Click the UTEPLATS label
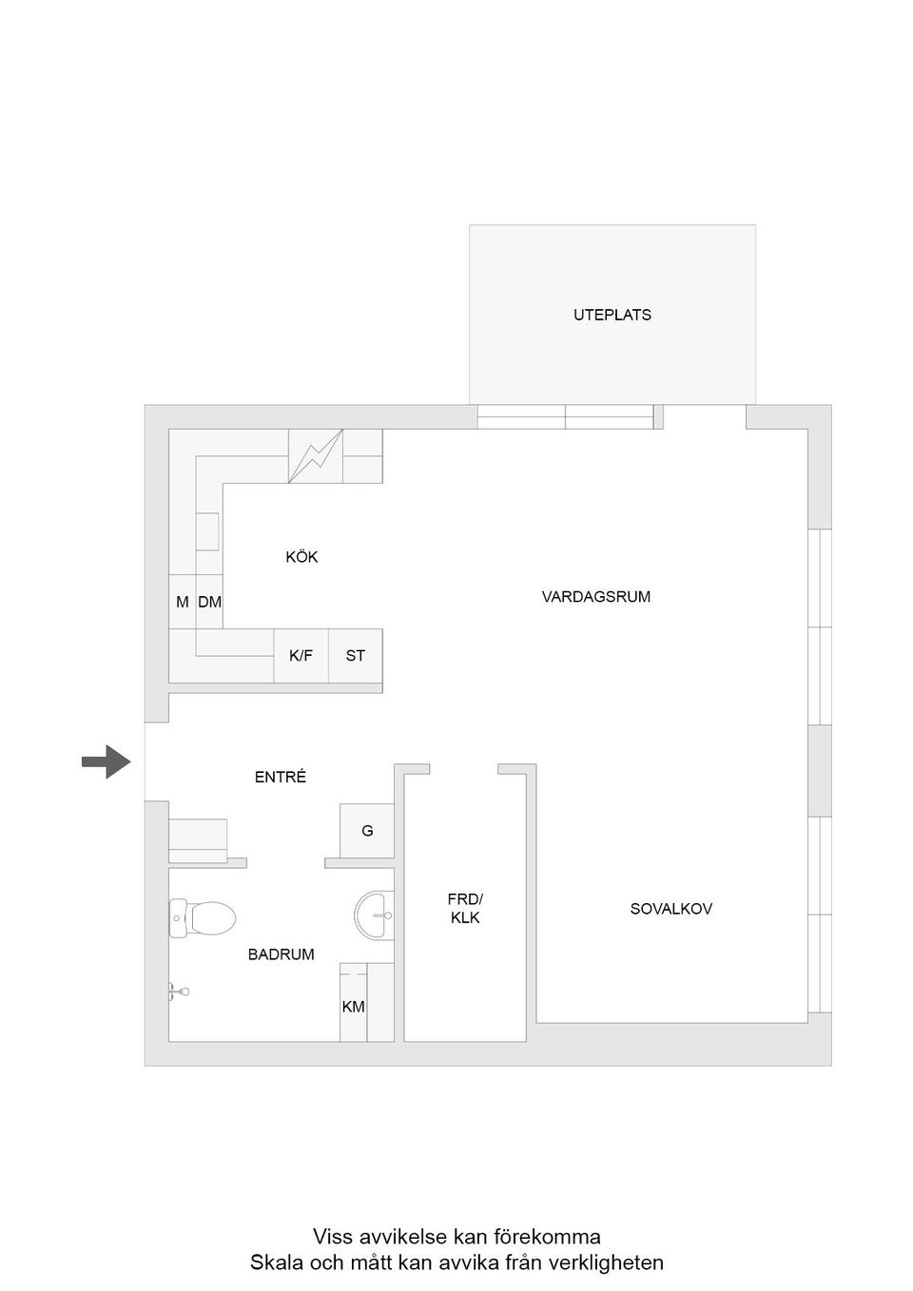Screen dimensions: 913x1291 (x=612, y=315)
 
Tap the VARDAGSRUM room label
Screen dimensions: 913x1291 (x=596, y=596)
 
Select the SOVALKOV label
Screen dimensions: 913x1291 (x=670, y=909)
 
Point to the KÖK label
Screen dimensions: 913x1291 (x=302, y=557)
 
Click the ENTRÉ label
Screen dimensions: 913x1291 (x=281, y=777)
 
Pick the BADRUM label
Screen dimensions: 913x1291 (x=282, y=954)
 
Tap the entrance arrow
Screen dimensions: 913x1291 (x=107, y=761)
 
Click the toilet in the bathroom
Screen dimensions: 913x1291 (x=203, y=918)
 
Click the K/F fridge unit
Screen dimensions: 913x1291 (x=301, y=656)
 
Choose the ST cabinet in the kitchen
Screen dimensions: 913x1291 (x=356, y=656)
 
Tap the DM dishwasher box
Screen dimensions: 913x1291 (x=209, y=602)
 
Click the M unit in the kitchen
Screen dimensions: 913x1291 (x=183, y=602)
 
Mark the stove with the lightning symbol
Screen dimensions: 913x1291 (x=316, y=456)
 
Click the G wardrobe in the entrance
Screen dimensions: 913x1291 (x=367, y=831)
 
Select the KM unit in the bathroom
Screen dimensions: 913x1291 (x=354, y=1007)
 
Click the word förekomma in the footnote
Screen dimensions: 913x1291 (x=547, y=1237)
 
